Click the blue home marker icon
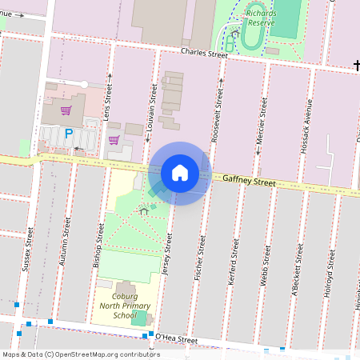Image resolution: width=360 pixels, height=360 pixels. [x=180, y=173]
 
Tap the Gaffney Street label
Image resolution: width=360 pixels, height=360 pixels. [x=249, y=182]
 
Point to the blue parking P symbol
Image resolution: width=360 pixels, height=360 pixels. [x=69, y=134]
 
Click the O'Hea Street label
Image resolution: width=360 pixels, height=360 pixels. [x=176, y=339]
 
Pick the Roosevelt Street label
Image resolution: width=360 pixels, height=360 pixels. [x=216, y=115]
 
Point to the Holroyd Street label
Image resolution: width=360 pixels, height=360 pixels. [x=327, y=276]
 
